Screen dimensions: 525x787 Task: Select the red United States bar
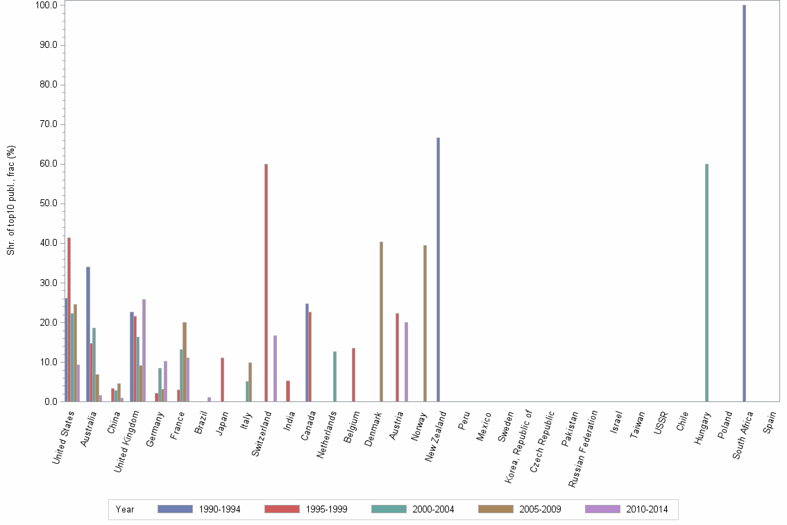(x=69, y=319)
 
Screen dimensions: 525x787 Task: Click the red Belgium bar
(x=353, y=374)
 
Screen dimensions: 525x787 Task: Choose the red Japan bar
(x=222, y=379)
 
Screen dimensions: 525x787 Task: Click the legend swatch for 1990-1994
(x=175, y=509)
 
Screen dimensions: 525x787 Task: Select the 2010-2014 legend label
(x=646, y=509)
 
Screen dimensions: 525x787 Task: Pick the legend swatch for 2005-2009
(x=496, y=509)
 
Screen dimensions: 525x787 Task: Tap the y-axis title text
(x=11, y=200)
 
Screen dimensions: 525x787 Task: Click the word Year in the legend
(x=125, y=509)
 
